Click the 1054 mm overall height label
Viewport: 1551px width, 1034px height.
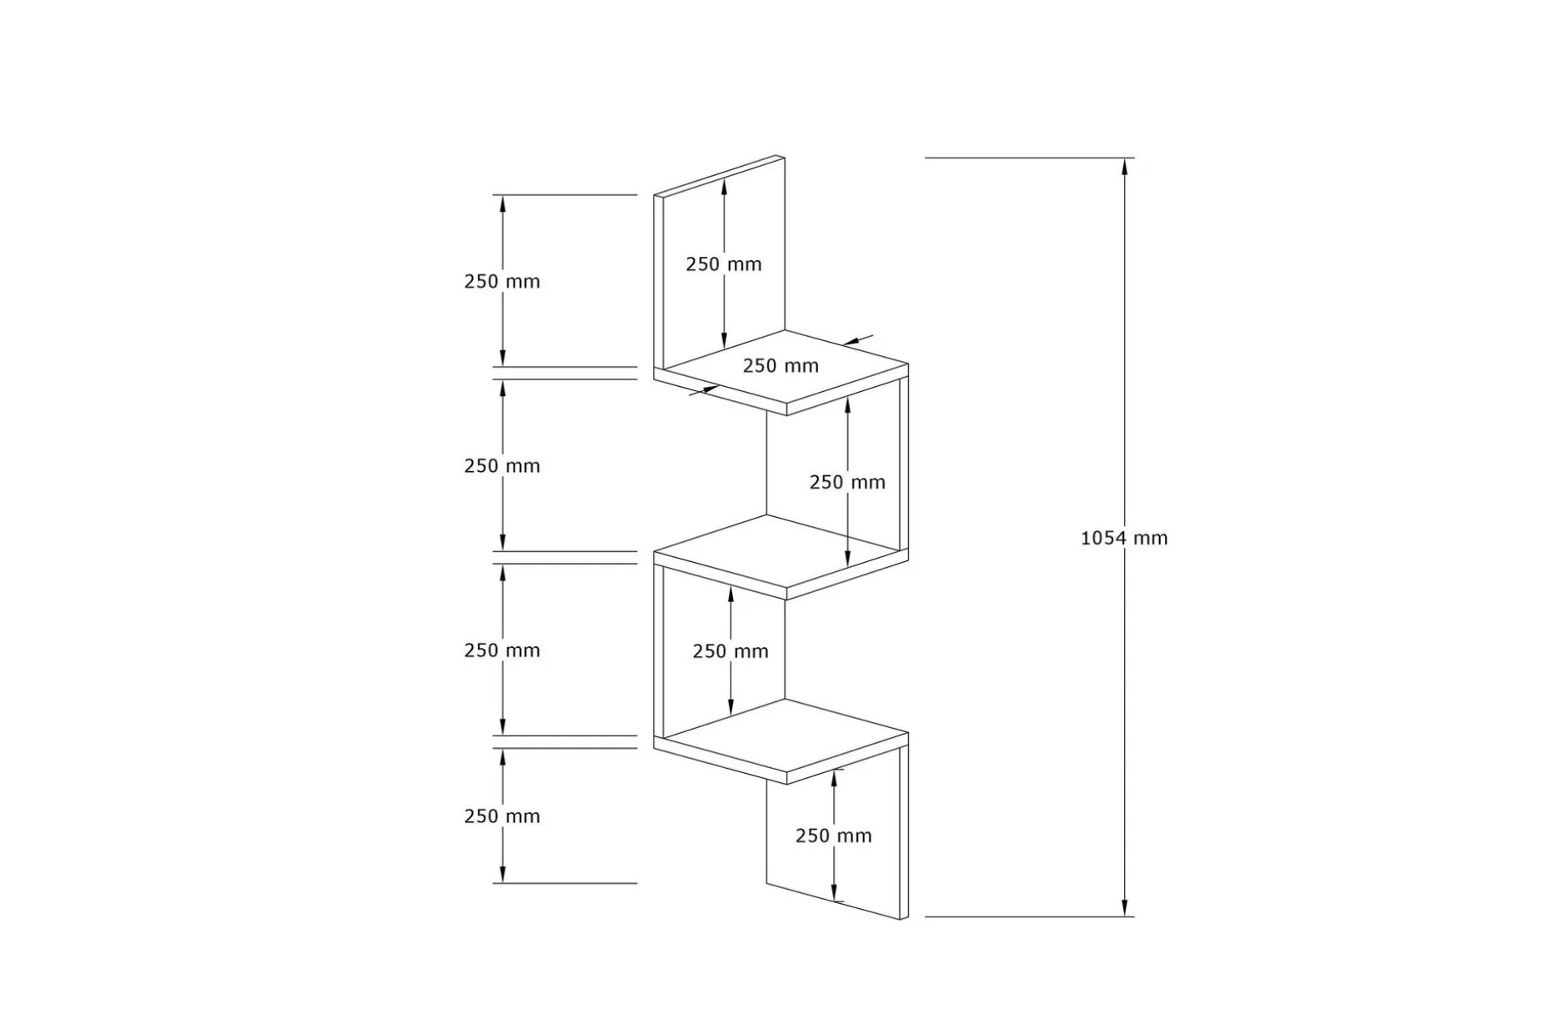[1124, 538]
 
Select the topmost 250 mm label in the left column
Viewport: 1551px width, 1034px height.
[502, 281]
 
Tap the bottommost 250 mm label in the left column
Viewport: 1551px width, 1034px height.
[502, 816]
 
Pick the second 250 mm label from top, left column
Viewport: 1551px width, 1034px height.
[502, 465]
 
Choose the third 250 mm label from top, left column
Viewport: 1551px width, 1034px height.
[502, 650]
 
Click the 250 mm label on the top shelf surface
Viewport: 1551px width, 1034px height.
[781, 365]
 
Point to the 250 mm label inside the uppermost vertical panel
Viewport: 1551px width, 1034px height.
[724, 264]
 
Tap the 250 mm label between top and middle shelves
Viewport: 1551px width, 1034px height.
[847, 481]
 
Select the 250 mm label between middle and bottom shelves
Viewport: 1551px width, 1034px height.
[730, 650]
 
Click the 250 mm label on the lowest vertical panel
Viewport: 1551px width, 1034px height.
[833, 835]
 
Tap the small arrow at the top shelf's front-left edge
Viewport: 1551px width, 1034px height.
[704, 389]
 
